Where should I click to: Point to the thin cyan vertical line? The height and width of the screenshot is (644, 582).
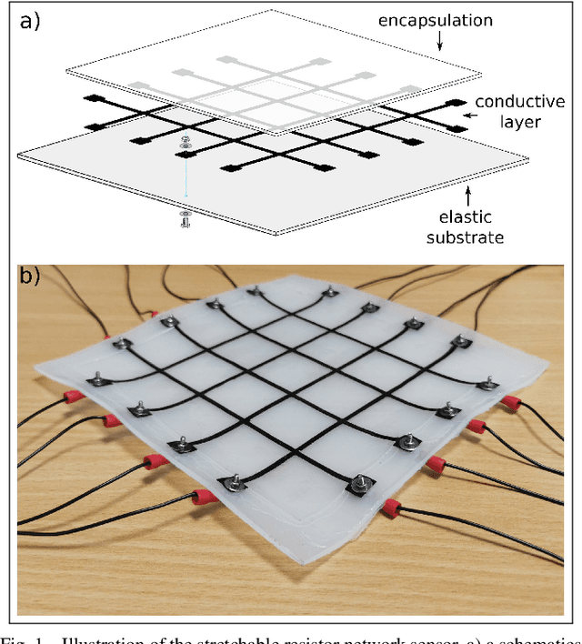coord(186,177)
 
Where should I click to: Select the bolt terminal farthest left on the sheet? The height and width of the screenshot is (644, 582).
coord(93,376)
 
